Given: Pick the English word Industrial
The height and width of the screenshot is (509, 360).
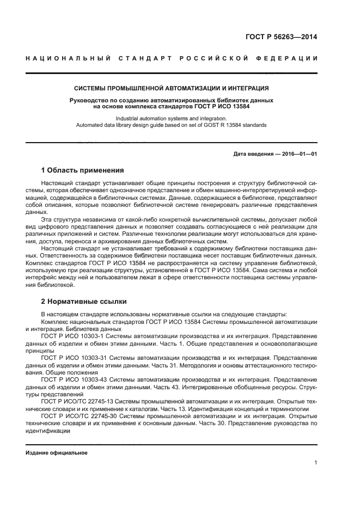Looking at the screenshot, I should coord(129,119).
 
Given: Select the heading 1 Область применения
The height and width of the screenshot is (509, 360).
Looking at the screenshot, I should coord(83,170).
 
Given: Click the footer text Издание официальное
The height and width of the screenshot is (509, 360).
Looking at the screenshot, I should coord(57,453).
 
